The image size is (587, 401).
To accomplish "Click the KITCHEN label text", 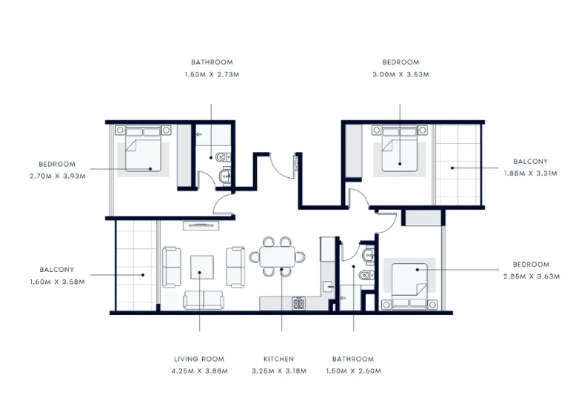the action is (x=278, y=359).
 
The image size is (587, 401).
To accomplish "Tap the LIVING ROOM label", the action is (x=199, y=359).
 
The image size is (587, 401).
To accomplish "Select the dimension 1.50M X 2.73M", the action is (x=212, y=75).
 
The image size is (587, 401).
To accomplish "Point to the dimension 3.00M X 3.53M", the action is (x=400, y=75).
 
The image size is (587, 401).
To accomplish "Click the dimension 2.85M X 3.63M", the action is (x=531, y=276).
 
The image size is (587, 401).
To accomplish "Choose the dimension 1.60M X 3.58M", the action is (x=57, y=282).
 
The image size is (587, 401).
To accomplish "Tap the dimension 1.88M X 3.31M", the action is (x=531, y=173).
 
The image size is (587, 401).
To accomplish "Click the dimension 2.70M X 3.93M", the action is (x=58, y=176).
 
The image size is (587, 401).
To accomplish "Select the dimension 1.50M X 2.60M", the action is (x=353, y=371).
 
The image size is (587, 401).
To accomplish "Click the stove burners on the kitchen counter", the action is (x=299, y=303).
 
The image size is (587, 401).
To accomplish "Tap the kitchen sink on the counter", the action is (x=329, y=287).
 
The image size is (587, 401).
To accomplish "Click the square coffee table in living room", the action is (x=202, y=267).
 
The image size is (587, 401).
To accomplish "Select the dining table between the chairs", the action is (x=278, y=256).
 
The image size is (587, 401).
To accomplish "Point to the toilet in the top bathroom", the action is (x=223, y=156).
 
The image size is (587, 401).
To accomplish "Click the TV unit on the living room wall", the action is (x=201, y=225).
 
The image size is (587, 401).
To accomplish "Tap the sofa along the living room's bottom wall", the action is (x=204, y=300).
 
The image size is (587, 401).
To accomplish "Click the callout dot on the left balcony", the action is (x=143, y=275).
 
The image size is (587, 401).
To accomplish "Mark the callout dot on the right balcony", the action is (x=452, y=168).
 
